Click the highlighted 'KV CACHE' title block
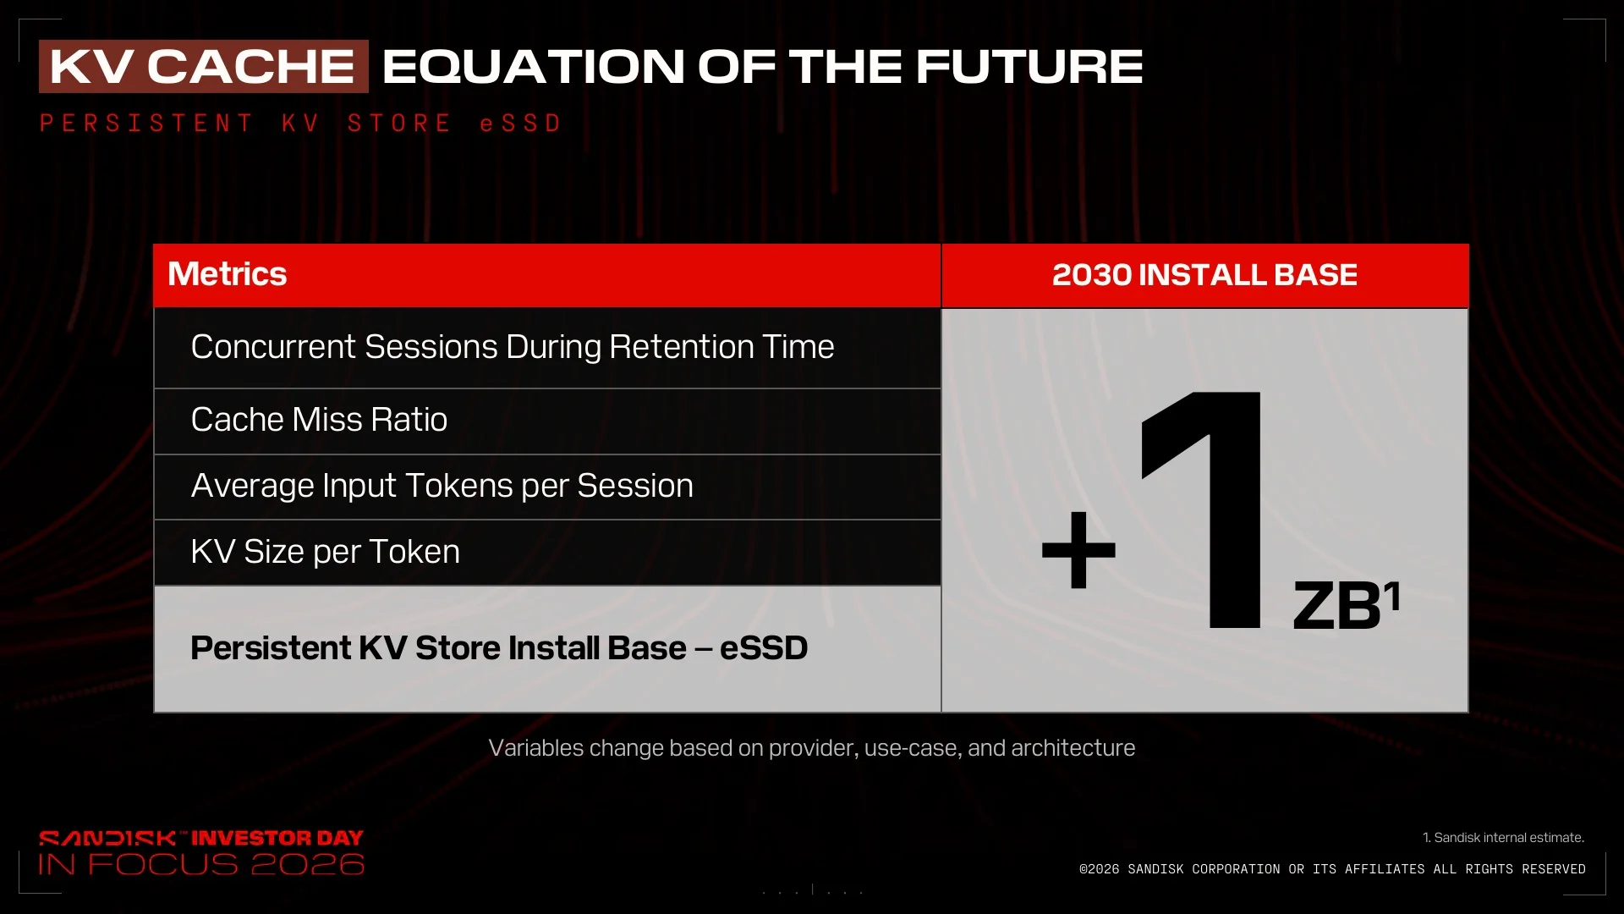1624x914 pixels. click(204, 66)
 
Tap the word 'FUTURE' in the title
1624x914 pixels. click(1029, 67)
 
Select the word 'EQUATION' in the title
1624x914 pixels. click(534, 67)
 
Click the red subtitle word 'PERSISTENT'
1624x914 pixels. click(146, 124)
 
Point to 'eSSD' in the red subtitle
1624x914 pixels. click(520, 124)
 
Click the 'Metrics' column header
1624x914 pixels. click(228, 274)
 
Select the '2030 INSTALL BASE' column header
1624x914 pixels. click(1204, 275)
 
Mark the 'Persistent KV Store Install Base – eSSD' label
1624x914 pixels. click(499, 648)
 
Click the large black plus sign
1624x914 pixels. click(1078, 550)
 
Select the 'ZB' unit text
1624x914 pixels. click(1337, 606)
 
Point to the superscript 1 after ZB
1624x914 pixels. click(1392, 595)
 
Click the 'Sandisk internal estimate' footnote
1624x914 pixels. click(1503, 838)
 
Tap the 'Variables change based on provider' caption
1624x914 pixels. click(812, 748)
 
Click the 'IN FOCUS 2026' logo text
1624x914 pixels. click(201, 864)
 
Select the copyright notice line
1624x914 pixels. click(1332, 869)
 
